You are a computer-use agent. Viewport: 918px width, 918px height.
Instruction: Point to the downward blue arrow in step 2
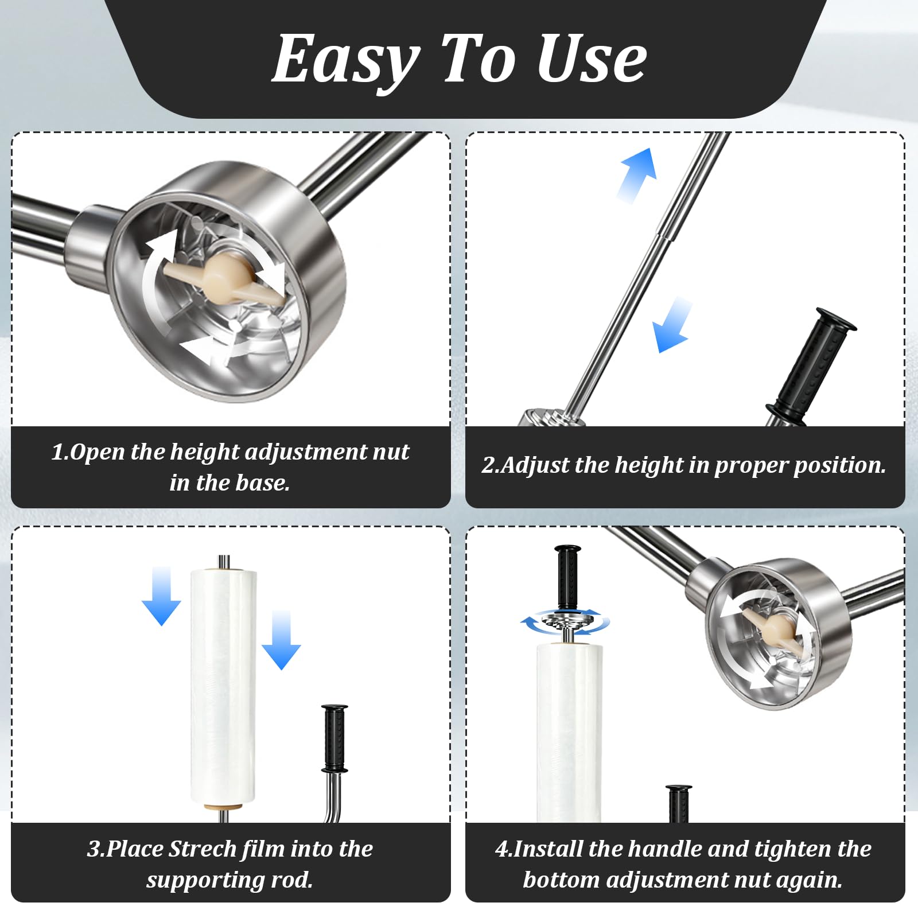click(672, 325)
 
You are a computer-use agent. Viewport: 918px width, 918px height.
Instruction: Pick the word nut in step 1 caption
click(391, 452)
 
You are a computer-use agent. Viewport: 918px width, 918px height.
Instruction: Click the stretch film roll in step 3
click(223, 686)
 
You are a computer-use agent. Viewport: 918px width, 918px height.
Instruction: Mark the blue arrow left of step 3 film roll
click(161, 596)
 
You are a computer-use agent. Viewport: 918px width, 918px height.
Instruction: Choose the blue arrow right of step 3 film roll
click(281, 640)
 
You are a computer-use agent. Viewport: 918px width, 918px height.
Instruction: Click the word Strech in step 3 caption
click(203, 849)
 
